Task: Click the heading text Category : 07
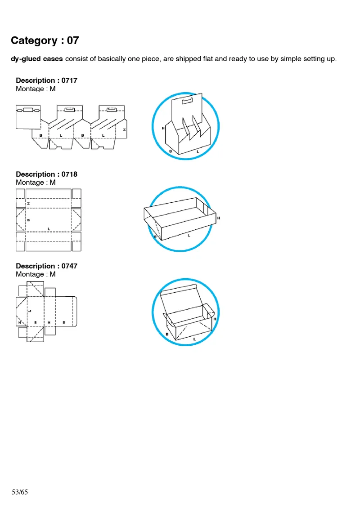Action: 45,40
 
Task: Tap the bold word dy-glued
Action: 27,59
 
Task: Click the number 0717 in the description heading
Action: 69,80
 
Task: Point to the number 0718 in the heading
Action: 69,174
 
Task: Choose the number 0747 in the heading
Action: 69,266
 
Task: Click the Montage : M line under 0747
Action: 36,274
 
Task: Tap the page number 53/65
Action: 20,492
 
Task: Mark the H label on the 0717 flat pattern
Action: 125,129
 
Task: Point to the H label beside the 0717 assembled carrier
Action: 163,128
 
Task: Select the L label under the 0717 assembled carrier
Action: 198,152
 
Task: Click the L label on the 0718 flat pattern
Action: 49,229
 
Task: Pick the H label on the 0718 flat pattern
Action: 28,204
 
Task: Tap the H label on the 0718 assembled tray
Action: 219,218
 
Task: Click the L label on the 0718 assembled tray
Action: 189,236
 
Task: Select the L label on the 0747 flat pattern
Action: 29,310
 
